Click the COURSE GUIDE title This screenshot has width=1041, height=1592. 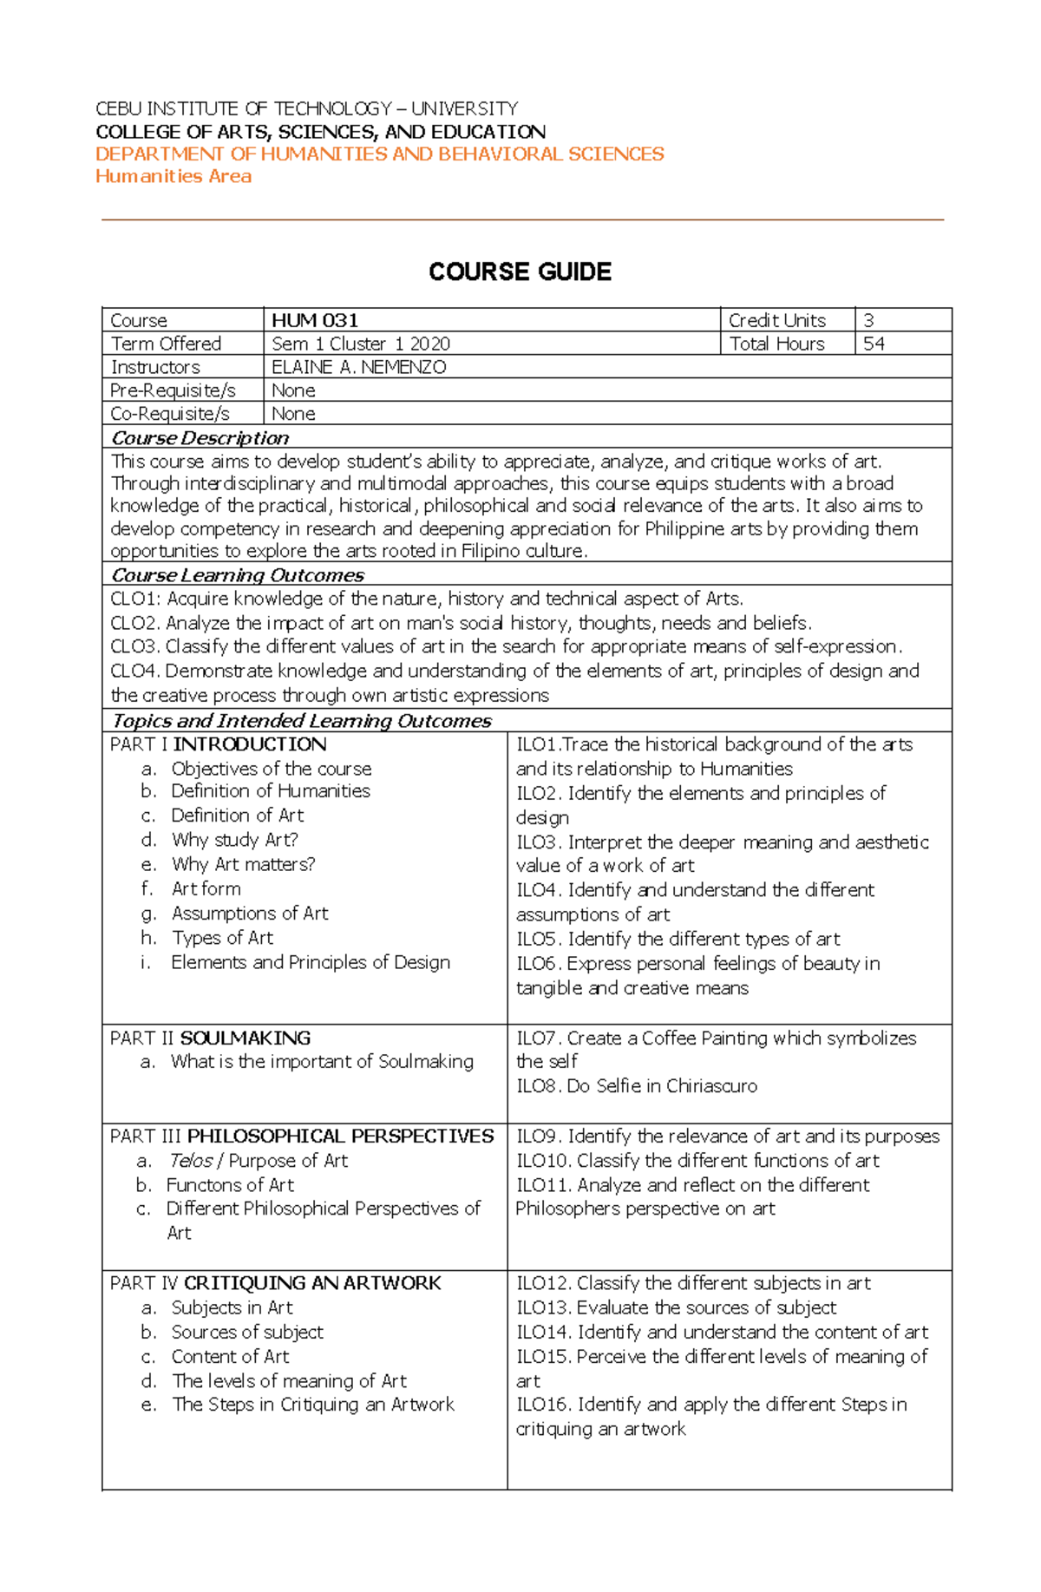[x=520, y=272]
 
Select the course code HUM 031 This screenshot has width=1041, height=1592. [x=315, y=320]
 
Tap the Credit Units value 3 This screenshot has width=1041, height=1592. [x=868, y=320]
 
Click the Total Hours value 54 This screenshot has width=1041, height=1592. [x=874, y=344]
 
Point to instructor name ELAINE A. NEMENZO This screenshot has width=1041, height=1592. [x=359, y=367]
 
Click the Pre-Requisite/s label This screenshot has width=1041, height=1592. [x=173, y=390]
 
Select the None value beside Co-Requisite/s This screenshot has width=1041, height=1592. [x=293, y=414]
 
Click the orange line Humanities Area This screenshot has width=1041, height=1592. [x=173, y=176]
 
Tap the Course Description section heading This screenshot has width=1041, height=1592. [x=200, y=437]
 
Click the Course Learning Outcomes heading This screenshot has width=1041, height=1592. [x=238, y=575]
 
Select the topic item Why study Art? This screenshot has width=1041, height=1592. [x=234, y=840]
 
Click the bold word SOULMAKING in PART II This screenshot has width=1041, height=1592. [x=245, y=1038]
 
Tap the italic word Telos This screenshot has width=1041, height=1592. [x=190, y=1161]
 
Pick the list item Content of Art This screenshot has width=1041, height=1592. [x=230, y=1356]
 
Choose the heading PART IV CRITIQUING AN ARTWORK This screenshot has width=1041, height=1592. [x=275, y=1283]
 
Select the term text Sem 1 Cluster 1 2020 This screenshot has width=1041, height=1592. [x=361, y=344]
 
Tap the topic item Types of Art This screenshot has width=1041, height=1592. [x=222, y=938]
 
